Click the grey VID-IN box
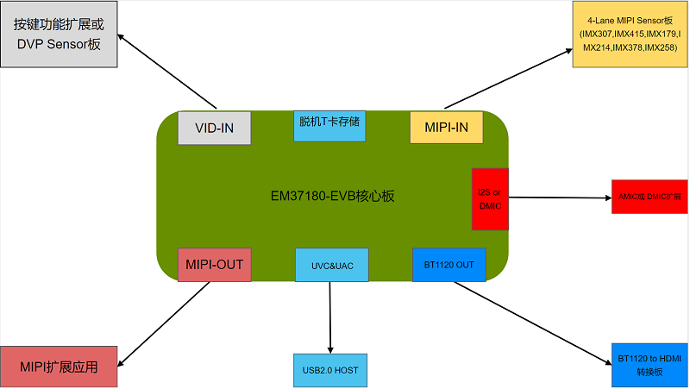(x=213, y=128)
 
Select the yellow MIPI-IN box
(x=446, y=128)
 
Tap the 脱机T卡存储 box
(x=329, y=125)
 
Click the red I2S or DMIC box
(x=490, y=198)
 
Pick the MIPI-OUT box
(x=214, y=264)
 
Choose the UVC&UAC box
(x=331, y=265)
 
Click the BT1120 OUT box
(x=448, y=264)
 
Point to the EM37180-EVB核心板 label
(x=332, y=196)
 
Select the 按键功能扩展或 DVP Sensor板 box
(x=58, y=36)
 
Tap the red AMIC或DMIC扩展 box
(x=649, y=197)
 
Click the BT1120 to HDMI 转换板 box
(x=649, y=365)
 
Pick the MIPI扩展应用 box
(x=59, y=367)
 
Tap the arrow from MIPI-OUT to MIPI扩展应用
(x=164, y=323)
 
